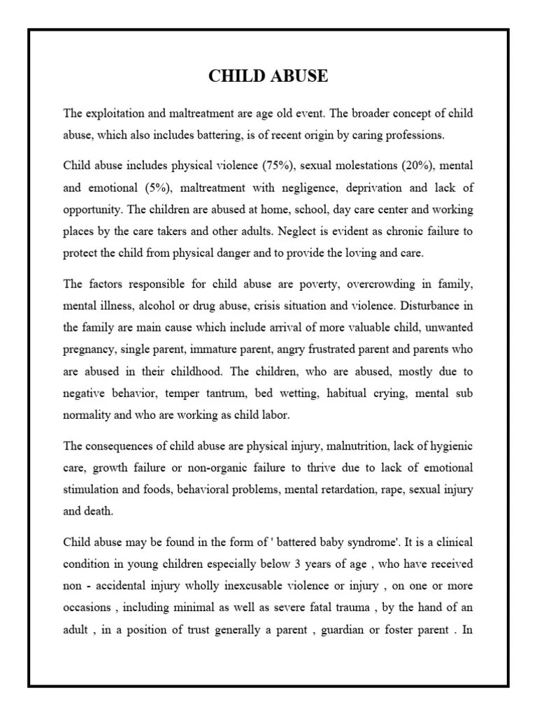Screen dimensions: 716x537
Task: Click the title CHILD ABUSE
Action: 268,77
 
